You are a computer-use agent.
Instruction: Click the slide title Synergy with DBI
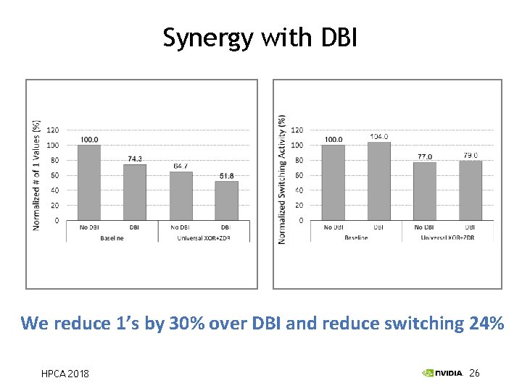(260, 37)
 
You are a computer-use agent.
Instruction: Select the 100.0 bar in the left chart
(89, 182)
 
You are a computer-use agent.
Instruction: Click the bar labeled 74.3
(135, 192)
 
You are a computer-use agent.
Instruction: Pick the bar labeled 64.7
(181, 195)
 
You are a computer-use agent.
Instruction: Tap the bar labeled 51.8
(226, 201)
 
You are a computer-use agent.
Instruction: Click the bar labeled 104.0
(379, 181)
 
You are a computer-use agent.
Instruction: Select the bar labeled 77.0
(425, 191)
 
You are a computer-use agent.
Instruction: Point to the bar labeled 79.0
(471, 190)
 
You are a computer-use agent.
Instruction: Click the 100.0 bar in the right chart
(333, 182)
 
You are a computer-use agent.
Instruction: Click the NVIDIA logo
(442, 373)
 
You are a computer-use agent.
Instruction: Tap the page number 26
(475, 373)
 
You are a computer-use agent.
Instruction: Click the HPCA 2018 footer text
(65, 374)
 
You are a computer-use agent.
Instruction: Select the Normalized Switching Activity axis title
(282, 179)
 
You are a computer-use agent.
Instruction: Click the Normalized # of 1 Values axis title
(36, 176)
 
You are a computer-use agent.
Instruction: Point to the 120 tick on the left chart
(53, 130)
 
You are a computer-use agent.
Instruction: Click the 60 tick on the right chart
(297, 175)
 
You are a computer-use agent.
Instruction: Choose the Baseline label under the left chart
(112, 237)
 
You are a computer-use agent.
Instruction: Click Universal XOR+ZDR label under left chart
(204, 237)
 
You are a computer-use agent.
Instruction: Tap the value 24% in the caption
(486, 323)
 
